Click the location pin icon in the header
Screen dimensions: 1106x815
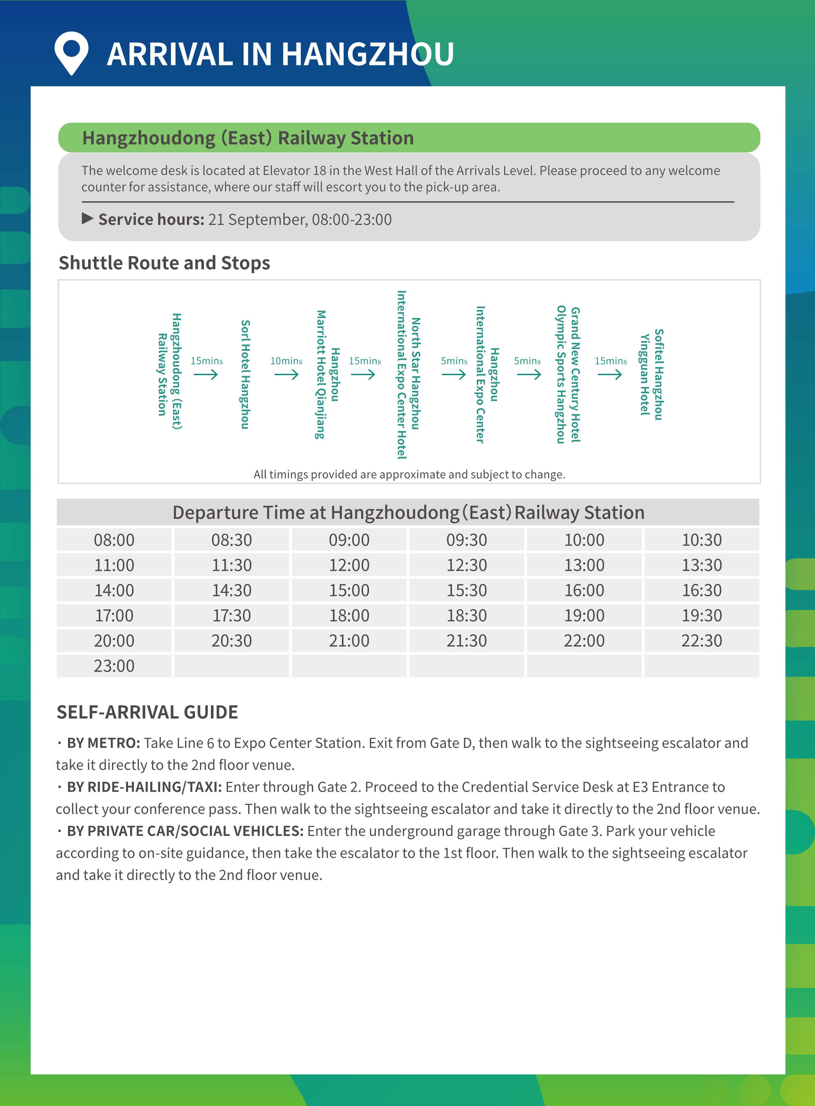point(72,52)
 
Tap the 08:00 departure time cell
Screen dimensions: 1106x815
point(114,540)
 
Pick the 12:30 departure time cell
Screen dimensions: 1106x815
point(466,565)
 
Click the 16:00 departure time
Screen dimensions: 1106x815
point(584,590)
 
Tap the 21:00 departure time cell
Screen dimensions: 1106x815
point(349,640)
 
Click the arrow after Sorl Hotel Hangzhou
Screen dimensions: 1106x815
point(286,375)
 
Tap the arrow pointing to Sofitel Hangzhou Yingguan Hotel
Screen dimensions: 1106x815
point(610,375)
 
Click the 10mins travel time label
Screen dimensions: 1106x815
point(286,360)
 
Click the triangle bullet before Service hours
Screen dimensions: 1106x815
point(87,218)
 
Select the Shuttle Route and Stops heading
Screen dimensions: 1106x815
point(164,263)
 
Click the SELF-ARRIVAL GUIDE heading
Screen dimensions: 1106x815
point(147,712)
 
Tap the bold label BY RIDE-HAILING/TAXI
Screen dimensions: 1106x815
point(144,787)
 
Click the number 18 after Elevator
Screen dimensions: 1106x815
point(320,171)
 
